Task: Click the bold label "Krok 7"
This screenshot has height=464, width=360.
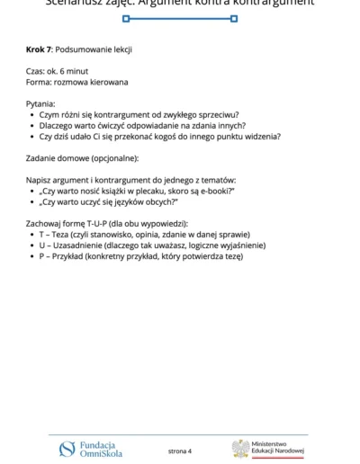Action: pos(40,49)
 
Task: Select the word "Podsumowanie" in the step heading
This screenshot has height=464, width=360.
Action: pos(85,49)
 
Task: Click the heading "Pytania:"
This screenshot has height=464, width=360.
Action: pos(42,104)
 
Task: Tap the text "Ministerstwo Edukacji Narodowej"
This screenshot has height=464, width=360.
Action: pos(277,447)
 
